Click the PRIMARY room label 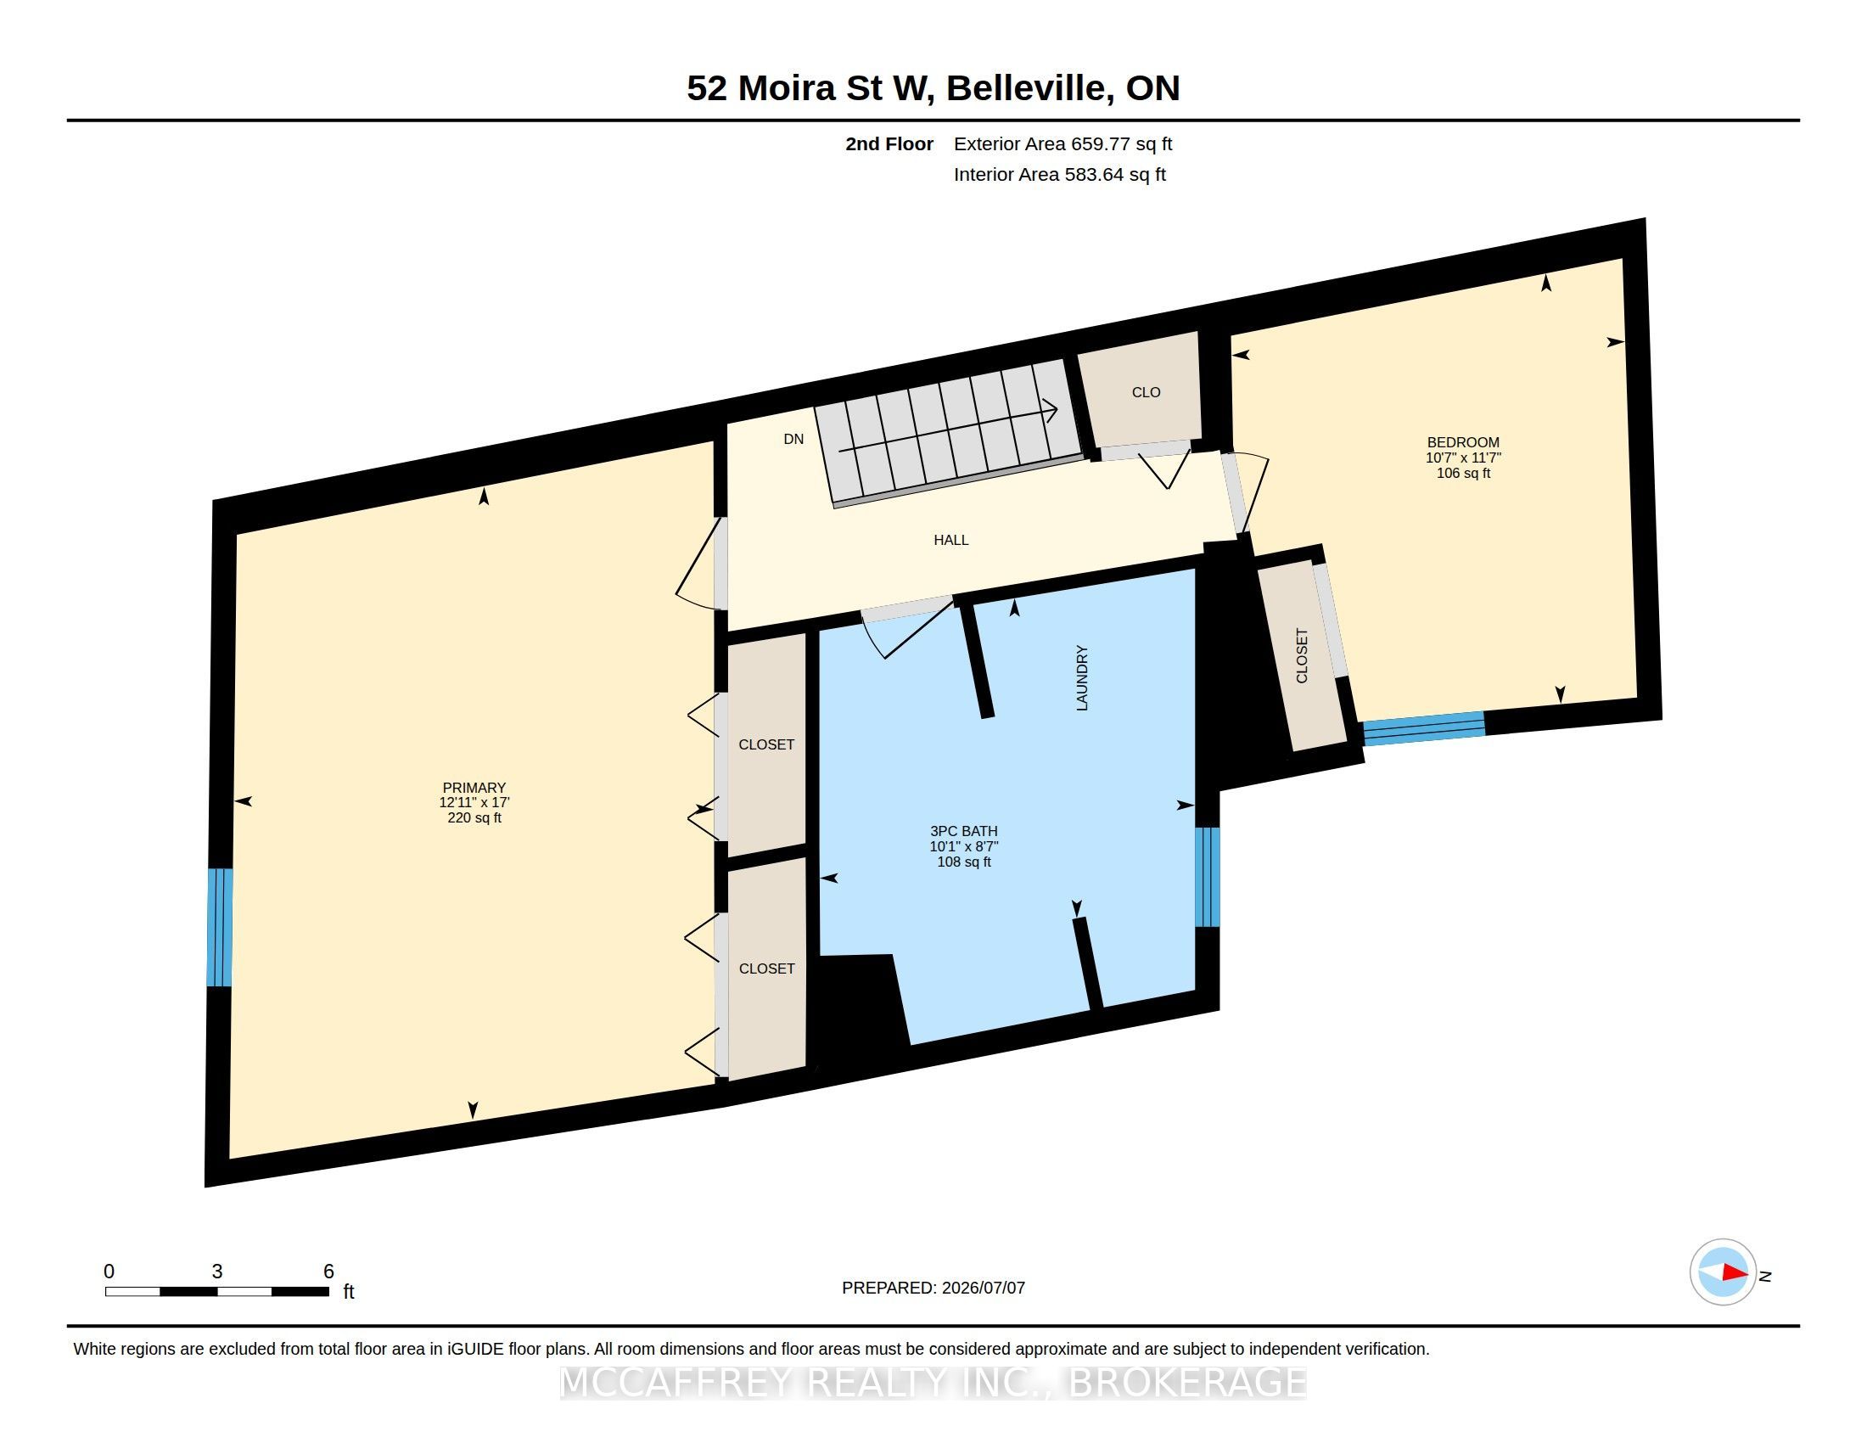tap(474, 788)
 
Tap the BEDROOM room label tap(1463, 442)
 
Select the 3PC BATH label tap(963, 831)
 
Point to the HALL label tap(950, 539)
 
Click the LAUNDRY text tap(1081, 678)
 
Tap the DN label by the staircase tap(793, 439)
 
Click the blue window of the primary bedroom tap(220, 928)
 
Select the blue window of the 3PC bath tap(1207, 877)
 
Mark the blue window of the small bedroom tap(1424, 728)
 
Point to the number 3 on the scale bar tap(217, 1272)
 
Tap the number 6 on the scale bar tap(328, 1272)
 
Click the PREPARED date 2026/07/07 tap(983, 1288)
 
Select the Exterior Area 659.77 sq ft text tap(1062, 143)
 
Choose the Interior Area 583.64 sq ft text tap(1059, 174)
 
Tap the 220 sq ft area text tap(474, 818)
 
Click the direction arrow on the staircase tap(949, 430)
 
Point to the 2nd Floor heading tap(889, 143)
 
